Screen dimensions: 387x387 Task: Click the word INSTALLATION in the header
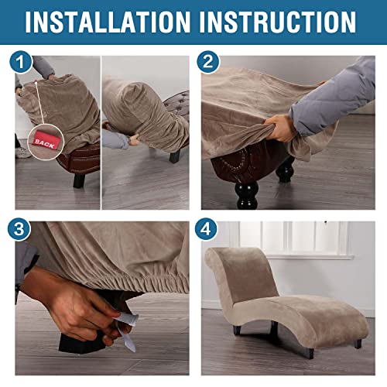point(108,22)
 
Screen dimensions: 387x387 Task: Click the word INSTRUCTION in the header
point(278,22)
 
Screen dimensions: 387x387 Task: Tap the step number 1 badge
point(21,62)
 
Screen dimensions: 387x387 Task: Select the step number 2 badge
point(208,62)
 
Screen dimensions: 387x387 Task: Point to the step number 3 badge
point(19,229)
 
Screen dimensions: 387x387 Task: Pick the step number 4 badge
point(206,229)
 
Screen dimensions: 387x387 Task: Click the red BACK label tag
point(46,142)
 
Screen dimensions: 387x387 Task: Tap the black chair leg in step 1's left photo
point(79,180)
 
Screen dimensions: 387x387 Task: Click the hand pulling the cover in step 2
point(280,128)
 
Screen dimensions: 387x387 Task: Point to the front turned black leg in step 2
point(247,195)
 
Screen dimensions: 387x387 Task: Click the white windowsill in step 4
point(310,257)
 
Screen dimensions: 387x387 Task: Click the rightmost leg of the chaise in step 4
point(358,344)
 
